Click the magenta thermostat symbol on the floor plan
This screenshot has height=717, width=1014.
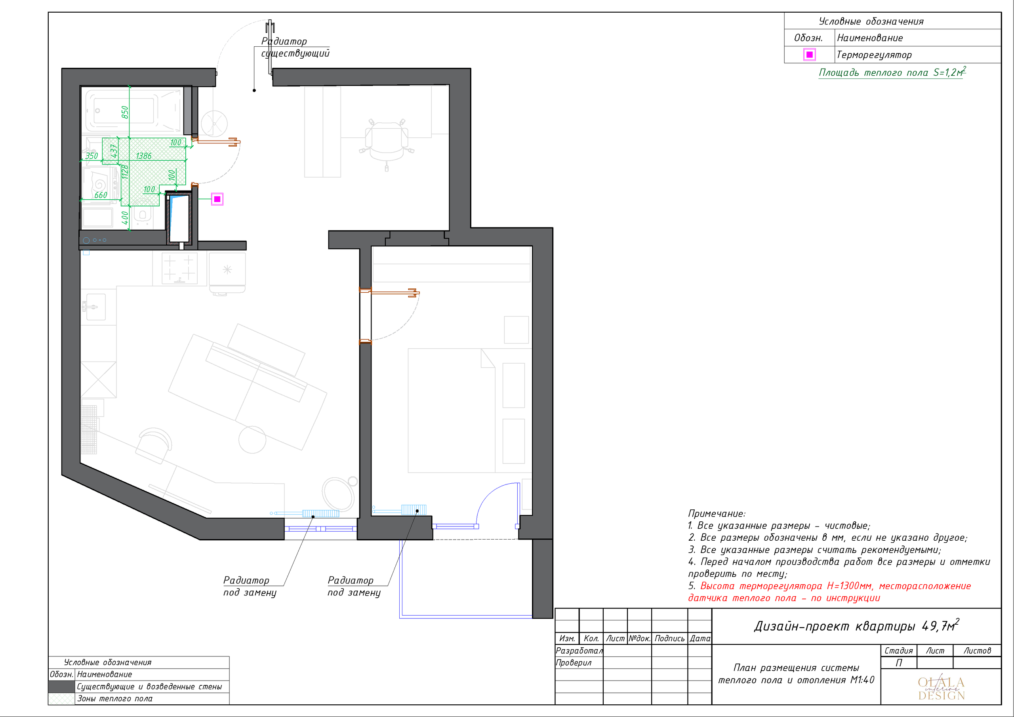point(217,199)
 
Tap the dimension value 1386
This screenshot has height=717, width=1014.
point(143,156)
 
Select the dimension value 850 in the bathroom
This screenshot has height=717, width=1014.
point(125,112)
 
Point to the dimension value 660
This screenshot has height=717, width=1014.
point(101,195)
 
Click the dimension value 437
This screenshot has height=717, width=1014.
point(114,151)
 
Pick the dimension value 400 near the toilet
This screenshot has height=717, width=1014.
point(125,218)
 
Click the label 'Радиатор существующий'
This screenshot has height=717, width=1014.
point(295,47)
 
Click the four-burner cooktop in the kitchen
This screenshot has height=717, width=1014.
point(179,268)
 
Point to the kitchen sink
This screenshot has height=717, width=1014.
point(95,307)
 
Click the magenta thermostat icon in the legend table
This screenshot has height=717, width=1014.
point(809,55)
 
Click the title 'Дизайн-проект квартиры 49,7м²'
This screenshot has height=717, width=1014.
point(856,625)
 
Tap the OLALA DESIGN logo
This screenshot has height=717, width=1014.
point(941,689)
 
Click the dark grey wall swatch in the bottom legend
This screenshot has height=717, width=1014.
point(61,686)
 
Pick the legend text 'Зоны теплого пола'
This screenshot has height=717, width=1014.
point(115,698)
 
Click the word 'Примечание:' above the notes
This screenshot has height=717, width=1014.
point(717,513)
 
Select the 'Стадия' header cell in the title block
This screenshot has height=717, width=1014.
point(898,650)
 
